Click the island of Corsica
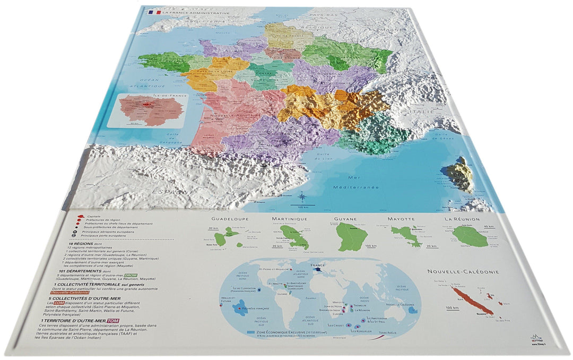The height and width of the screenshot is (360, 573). [459, 173]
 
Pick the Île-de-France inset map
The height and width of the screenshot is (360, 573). [146, 110]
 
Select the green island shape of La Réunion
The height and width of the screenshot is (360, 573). [470, 237]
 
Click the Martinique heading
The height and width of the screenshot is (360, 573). [290, 219]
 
